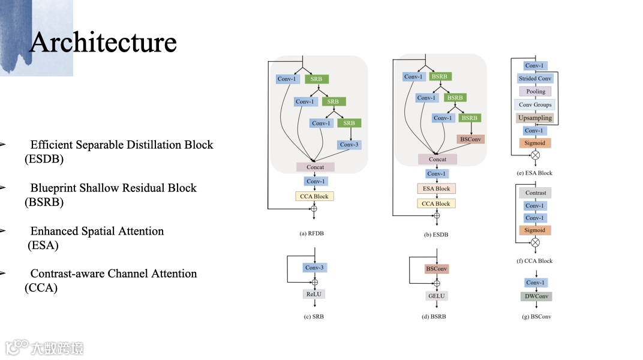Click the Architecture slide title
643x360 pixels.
click(103, 42)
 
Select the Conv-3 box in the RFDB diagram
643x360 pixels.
click(348, 145)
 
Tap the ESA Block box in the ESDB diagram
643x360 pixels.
click(436, 188)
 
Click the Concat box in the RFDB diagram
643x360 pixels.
click(315, 167)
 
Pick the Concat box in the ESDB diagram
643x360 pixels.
click(437, 159)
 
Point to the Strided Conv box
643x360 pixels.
click(535, 79)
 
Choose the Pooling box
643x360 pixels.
click(536, 91)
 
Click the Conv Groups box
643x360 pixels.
click(535, 104)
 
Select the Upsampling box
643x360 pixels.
click(535, 118)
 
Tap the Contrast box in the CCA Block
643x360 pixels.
click(536, 193)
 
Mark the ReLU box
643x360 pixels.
click(314, 294)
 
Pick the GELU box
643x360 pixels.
click(436, 296)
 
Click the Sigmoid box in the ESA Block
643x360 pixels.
click(535, 143)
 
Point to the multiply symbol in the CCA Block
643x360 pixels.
click(536, 242)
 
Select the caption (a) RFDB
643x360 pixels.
click(314, 234)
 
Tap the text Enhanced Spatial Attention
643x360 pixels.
click(97, 231)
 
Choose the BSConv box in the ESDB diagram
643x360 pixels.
click(470, 139)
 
